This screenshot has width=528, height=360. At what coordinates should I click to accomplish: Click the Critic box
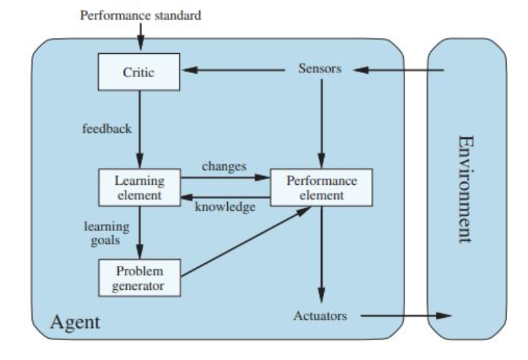(x=138, y=72)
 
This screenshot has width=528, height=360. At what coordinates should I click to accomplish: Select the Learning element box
(x=139, y=188)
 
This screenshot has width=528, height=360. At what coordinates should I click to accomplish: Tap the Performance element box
(x=321, y=187)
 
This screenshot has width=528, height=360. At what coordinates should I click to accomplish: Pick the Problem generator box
(x=139, y=277)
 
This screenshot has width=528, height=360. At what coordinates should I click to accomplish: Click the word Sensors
(x=320, y=69)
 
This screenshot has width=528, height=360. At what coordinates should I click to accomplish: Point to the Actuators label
(x=320, y=316)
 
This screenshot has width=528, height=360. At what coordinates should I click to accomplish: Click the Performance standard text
(x=141, y=15)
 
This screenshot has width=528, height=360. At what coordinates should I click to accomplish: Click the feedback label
(x=106, y=127)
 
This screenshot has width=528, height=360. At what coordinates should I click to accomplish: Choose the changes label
(x=224, y=166)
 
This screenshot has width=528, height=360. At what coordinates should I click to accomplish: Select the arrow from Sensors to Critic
(x=235, y=70)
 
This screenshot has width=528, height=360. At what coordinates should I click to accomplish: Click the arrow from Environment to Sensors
(x=399, y=70)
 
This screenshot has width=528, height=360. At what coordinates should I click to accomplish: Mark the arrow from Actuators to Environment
(x=405, y=316)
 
